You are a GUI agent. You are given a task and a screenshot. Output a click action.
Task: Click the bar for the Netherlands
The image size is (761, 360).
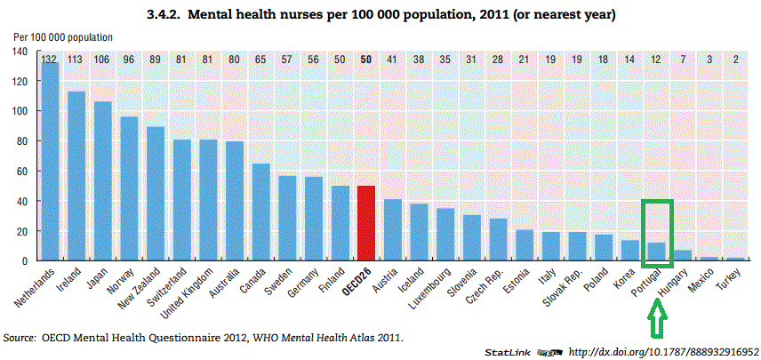(51, 160)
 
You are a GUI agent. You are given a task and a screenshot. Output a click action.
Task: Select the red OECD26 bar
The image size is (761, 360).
(365, 223)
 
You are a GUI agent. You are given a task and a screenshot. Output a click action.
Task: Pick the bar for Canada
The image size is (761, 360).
(260, 212)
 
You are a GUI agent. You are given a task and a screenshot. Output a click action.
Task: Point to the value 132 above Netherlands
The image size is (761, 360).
(51, 59)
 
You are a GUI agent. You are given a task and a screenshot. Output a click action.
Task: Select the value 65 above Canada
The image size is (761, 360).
(260, 59)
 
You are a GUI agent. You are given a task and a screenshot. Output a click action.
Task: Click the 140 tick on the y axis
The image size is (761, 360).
(20, 52)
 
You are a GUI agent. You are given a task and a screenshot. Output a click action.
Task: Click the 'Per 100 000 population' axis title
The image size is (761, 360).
(63, 37)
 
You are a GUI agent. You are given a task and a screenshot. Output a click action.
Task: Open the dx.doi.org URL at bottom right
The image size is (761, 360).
(661, 352)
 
